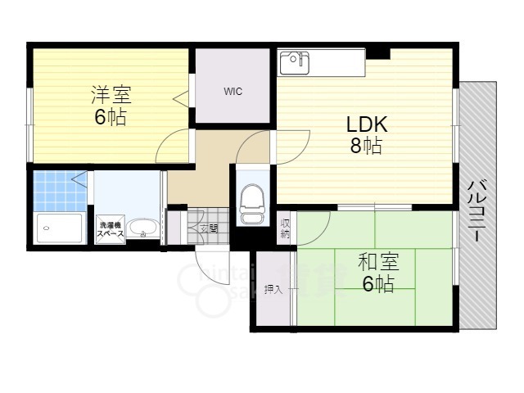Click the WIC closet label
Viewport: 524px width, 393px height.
[x=233, y=91]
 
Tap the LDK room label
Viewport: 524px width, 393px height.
[x=366, y=124]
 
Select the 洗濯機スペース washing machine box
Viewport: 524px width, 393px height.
[x=111, y=229]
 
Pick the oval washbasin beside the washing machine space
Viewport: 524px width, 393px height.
[x=144, y=228]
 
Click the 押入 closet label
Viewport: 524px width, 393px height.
[x=273, y=288]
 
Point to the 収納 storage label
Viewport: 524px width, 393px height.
[x=285, y=228]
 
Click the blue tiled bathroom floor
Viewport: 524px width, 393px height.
[x=59, y=190]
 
